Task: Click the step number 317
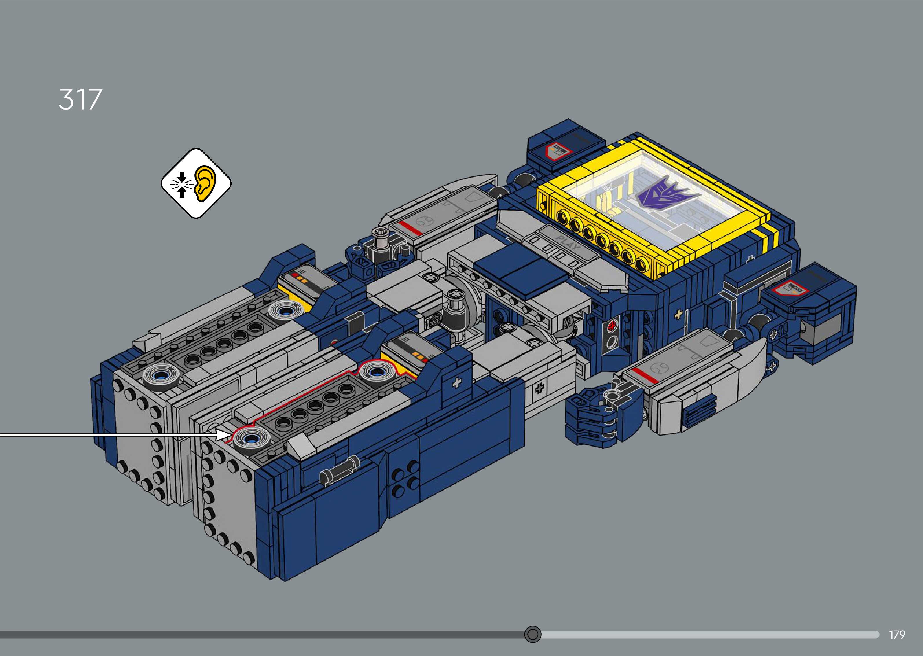(x=80, y=99)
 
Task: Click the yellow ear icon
(x=206, y=183)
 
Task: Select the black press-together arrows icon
(x=181, y=184)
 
